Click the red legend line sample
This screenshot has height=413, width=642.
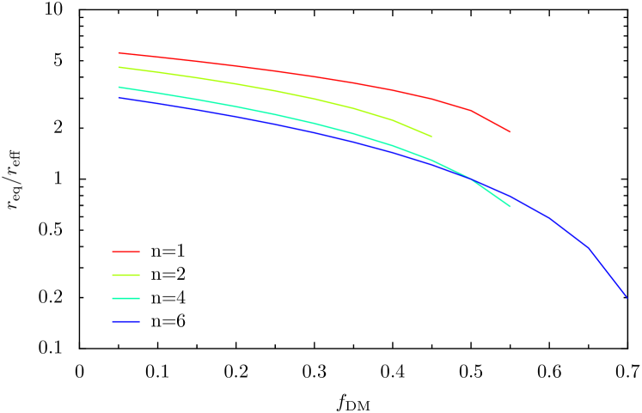pyautogui.click(x=125, y=252)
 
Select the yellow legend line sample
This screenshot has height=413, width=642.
pyautogui.click(x=125, y=276)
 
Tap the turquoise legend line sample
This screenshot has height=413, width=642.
pyautogui.click(x=125, y=299)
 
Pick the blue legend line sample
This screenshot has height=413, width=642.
pyautogui.click(x=125, y=322)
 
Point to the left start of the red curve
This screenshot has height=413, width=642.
pyautogui.click(x=119, y=53)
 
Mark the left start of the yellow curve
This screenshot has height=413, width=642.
pyautogui.click(x=119, y=67)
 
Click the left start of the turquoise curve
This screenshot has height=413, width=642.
pyautogui.click(x=119, y=88)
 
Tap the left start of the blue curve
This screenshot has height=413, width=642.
pyautogui.click(x=119, y=98)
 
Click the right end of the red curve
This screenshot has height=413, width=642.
pyautogui.click(x=510, y=131)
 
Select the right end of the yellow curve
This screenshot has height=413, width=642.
pyautogui.click(x=431, y=137)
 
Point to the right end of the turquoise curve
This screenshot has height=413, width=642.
pyautogui.click(x=510, y=206)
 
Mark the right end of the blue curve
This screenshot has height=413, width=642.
pyautogui.click(x=627, y=297)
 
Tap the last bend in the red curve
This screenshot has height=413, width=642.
pyautogui.click(x=470, y=110)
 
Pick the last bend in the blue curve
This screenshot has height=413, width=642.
pyautogui.click(x=588, y=246)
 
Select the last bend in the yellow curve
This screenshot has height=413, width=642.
pyautogui.click(x=393, y=120)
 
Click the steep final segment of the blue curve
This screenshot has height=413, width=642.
pyautogui.click(x=608, y=272)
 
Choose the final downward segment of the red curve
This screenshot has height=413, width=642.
pyautogui.click(x=490, y=120)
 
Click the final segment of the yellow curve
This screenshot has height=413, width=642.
pyautogui.click(x=413, y=128)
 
